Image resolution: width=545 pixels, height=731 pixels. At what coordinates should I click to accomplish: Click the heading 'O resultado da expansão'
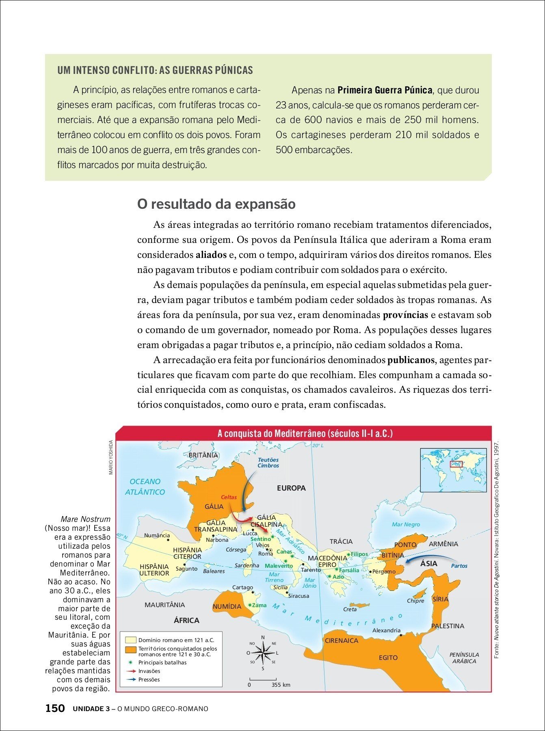pyautogui.click(x=216, y=204)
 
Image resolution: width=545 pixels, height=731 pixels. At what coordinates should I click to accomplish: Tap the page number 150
pyautogui.click(x=55, y=708)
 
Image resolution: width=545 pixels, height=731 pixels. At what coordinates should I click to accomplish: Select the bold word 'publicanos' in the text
pyautogui.click(x=411, y=360)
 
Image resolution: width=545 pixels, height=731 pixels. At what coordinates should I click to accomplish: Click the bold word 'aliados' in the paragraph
pyautogui.click(x=211, y=255)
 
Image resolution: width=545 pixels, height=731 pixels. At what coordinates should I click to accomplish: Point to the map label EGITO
pyautogui.click(x=388, y=657)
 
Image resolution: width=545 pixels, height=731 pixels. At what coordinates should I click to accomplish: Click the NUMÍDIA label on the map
pyautogui.click(x=227, y=606)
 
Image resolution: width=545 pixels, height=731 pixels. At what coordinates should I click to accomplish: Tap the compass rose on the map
pyautogui.click(x=263, y=653)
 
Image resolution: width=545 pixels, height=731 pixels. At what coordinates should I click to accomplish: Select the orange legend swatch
pyautogui.click(x=130, y=650)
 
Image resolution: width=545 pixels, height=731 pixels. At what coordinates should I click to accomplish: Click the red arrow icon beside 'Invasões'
pyautogui.click(x=131, y=671)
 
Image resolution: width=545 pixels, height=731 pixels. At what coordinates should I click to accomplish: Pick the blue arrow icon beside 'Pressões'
pyautogui.click(x=131, y=679)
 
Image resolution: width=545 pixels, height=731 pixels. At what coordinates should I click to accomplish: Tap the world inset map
pyautogui.click(x=453, y=470)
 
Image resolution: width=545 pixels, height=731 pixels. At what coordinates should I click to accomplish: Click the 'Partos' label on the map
pyautogui.click(x=459, y=566)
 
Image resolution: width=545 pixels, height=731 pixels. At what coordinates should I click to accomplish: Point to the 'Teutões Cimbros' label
pyautogui.click(x=268, y=463)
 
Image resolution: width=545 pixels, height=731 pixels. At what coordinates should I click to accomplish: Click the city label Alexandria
pyautogui.click(x=386, y=630)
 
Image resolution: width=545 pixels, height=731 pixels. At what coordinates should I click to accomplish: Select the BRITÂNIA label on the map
pyautogui.click(x=203, y=455)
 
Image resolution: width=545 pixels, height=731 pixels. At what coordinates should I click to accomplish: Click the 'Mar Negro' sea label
pyautogui.click(x=406, y=524)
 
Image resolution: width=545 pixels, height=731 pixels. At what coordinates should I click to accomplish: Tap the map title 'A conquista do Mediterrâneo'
pyautogui.click(x=305, y=433)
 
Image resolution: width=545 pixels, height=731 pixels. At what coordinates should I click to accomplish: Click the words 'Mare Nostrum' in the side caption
pyautogui.click(x=85, y=519)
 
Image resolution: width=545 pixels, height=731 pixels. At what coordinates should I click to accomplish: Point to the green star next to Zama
pyautogui.click(x=250, y=605)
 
